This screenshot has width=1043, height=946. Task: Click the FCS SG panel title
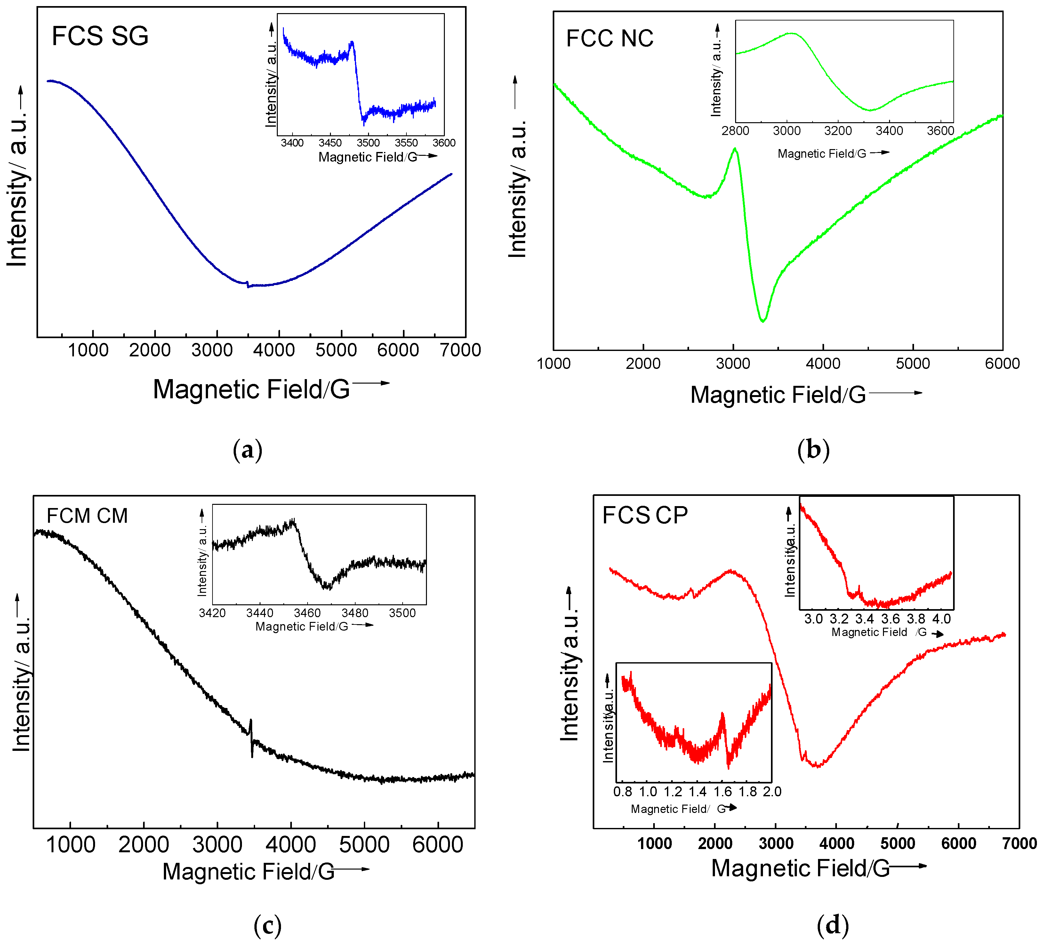pos(100,36)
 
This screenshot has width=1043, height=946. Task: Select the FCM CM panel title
pos(87,516)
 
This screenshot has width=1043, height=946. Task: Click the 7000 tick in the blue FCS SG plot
pos(460,350)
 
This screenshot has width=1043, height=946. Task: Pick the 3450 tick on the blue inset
pos(330,143)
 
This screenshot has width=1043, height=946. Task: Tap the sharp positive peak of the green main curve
pos(735,149)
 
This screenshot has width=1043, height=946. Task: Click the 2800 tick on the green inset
pos(735,131)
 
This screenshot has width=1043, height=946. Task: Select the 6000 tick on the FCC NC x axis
pos(1002,364)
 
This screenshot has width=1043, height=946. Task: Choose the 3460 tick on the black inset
pos(307,613)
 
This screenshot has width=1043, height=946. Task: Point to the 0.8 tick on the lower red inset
pos(622,792)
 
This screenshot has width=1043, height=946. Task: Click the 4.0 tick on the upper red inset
pos(941,619)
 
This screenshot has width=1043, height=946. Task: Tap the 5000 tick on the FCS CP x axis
pos(898,844)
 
